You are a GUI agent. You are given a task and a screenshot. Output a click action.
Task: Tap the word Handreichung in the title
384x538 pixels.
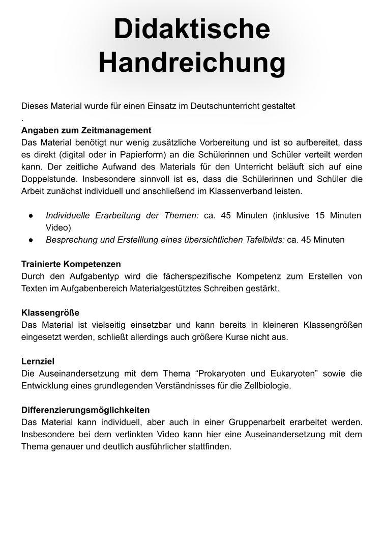tap(192, 63)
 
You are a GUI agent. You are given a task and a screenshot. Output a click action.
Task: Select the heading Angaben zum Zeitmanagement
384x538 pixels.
tap(86, 130)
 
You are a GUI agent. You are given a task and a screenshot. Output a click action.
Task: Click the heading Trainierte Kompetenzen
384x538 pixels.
tap(71, 264)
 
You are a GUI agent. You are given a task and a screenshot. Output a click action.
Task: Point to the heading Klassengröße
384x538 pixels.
tap(50, 313)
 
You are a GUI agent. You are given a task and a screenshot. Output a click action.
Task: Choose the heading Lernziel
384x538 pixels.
tap(38, 361)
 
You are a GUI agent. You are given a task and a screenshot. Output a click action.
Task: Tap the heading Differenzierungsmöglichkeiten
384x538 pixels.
tap(85, 410)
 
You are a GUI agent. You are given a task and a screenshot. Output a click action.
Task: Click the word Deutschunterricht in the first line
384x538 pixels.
tap(224, 106)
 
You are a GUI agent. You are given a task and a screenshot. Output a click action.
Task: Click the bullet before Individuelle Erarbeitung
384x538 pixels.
tap(31, 216)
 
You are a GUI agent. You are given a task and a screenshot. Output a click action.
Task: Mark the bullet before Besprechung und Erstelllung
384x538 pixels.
tap(31, 240)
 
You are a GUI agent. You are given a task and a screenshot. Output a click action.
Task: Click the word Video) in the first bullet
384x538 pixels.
tap(58, 228)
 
